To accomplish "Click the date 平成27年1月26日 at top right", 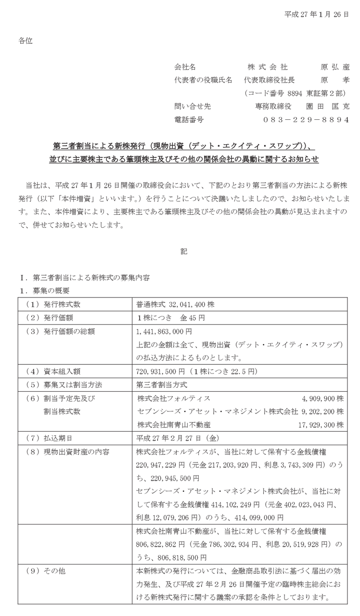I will tap(316, 15).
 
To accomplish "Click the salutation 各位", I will tap(26, 41).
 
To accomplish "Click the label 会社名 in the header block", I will tap(185, 67).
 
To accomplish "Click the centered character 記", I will tap(184, 251).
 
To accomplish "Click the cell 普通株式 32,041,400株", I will tap(176, 305).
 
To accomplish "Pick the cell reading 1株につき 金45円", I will tap(171, 318).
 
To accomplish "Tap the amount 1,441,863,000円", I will tap(164, 332).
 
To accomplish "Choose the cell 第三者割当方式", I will tap(161, 385).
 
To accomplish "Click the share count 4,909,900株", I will tap(322, 398).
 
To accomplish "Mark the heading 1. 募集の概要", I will tap(44, 290).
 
